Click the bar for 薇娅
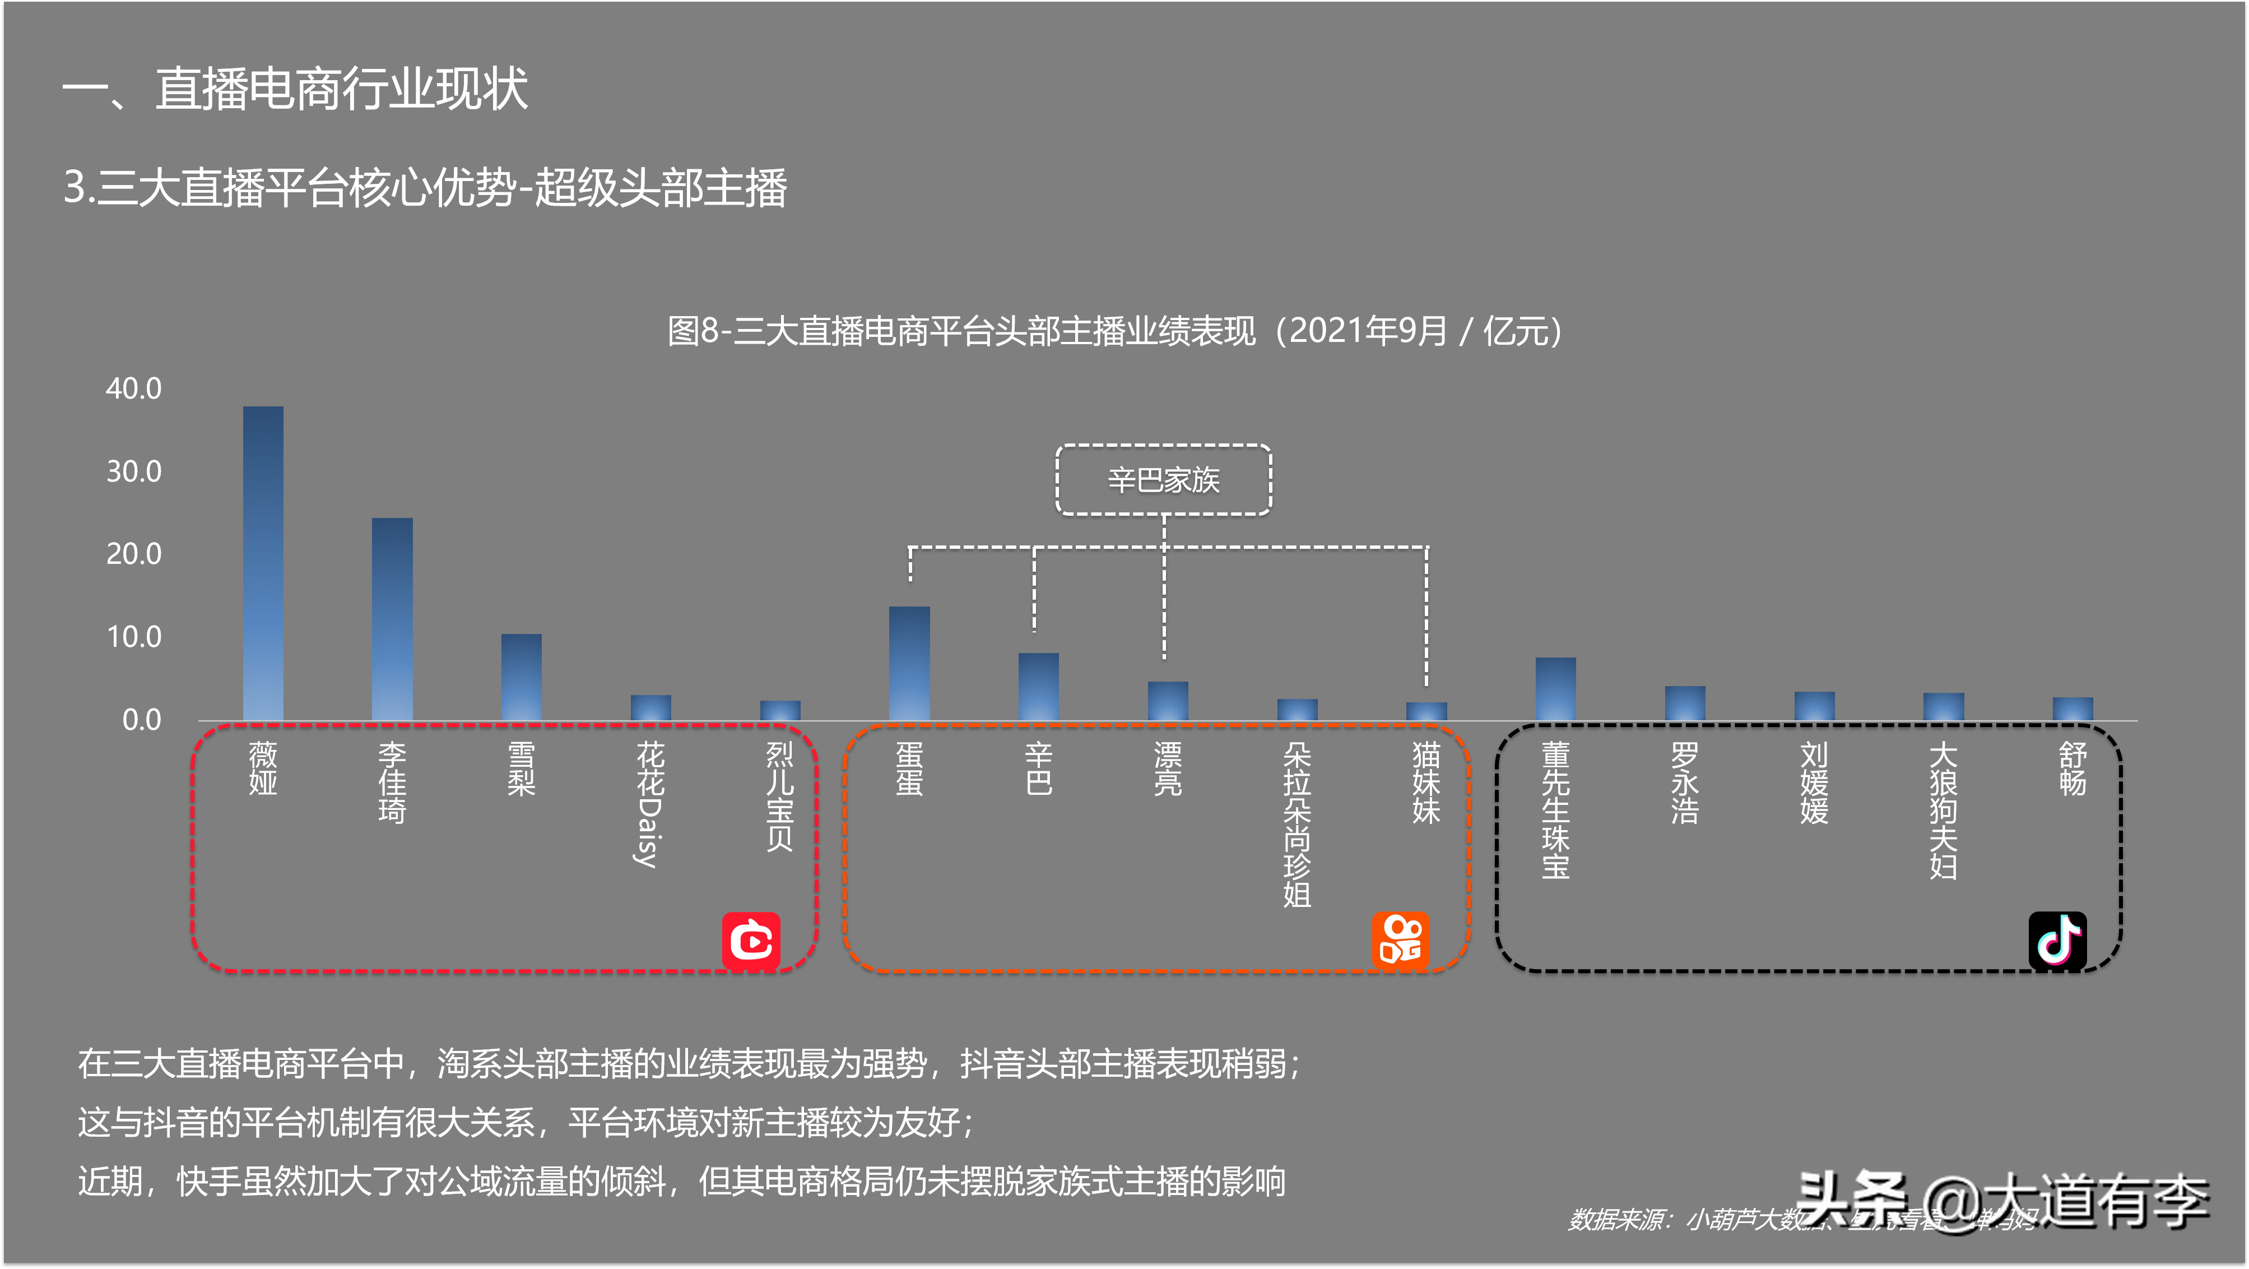point(263,563)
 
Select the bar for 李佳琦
point(392,619)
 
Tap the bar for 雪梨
point(521,677)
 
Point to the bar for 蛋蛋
point(909,664)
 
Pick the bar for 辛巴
point(1038,687)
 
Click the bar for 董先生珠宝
point(1555,689)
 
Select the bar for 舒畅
point(2072,708)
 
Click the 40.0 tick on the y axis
point(133,388)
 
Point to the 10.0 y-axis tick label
point(133,637)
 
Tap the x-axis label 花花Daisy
point(649,804)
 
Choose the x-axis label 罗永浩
point(1684,782)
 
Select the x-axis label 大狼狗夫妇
point(1943,809)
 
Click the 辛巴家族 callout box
point(1163,479)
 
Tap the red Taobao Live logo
point(751,941)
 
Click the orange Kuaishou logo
point(1400,941)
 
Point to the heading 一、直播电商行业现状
point(295,89)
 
